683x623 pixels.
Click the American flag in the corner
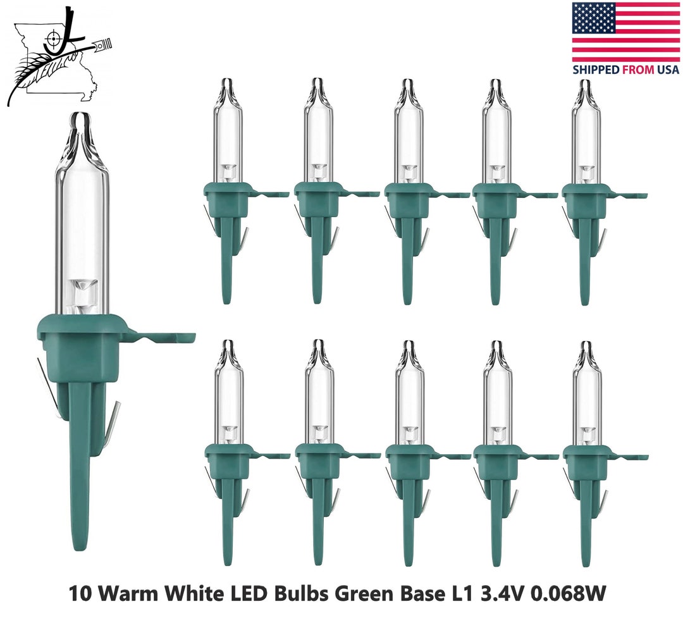625,32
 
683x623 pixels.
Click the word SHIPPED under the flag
596,70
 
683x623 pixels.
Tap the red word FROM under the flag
637,70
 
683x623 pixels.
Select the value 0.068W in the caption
572,595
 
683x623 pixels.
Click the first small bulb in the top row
227,190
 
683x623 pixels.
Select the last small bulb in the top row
586,190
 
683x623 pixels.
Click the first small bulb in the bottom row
228,452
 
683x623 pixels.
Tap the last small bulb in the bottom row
587,452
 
